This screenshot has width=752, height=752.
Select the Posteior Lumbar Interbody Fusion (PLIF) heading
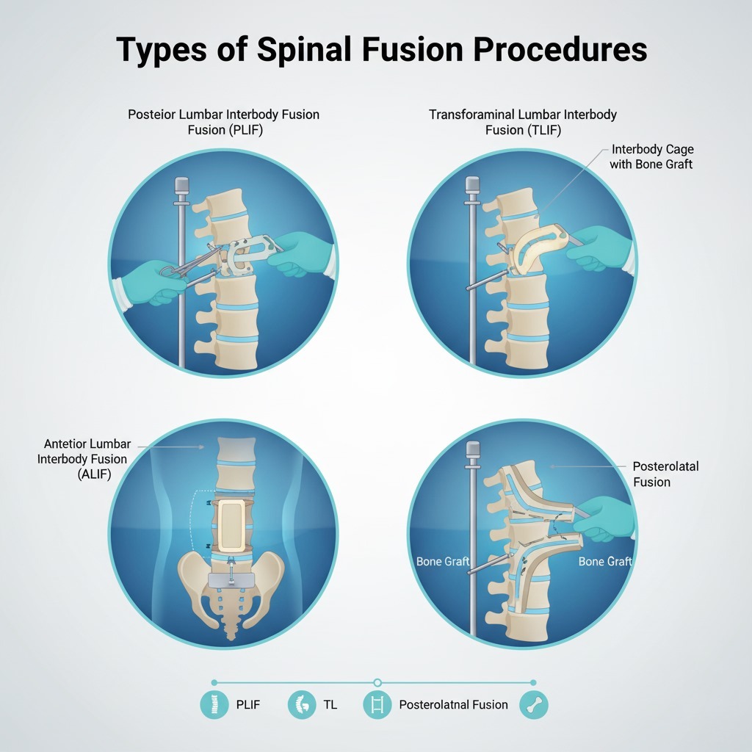tap(223, 123)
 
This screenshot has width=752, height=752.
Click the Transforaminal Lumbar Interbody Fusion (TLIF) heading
tap(522, 123)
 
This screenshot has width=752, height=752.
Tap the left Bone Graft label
tap(443, 562)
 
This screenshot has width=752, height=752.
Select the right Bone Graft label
tap(605, 562)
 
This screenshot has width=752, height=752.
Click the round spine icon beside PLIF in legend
tap(214, 705)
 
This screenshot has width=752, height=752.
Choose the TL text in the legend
tap(330, 705)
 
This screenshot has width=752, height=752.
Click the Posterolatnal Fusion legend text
tap(453, 705)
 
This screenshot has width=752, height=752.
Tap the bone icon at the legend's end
tap(533, 705)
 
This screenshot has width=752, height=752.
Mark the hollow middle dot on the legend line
tap(377, 682)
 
